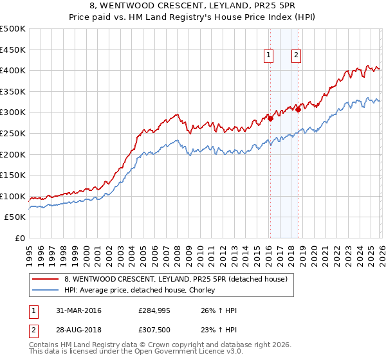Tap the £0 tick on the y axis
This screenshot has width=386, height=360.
20,238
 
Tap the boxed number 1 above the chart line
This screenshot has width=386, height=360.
268,56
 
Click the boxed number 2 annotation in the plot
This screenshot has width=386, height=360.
296,56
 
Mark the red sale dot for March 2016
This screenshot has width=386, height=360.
270,118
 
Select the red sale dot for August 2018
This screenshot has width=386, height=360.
298,109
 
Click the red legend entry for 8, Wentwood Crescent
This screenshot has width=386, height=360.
179,279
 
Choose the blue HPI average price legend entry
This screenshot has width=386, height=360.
139,291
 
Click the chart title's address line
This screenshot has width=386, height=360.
193,7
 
